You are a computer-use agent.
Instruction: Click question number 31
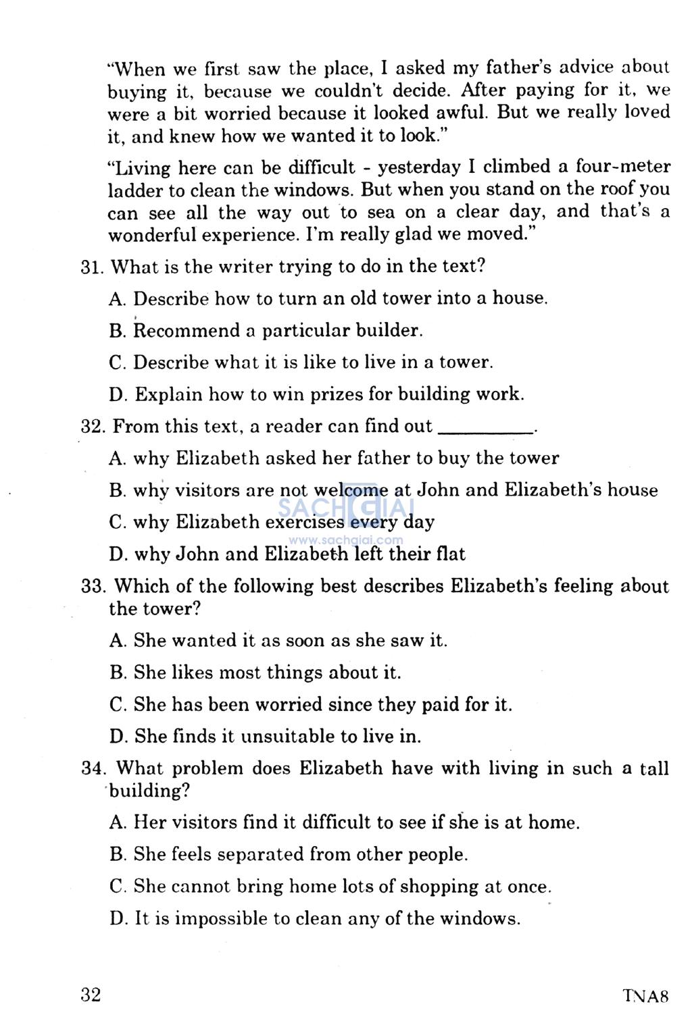click(x=91, y=267)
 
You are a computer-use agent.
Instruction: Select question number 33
click(x=93, y=586)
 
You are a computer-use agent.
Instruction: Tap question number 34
click(x=92, y=768)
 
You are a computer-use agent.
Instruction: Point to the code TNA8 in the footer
click(x=645, y=996)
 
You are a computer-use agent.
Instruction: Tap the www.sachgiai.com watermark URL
click(x=346, y=540)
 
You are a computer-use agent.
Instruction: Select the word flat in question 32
click(x=449, y=554)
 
